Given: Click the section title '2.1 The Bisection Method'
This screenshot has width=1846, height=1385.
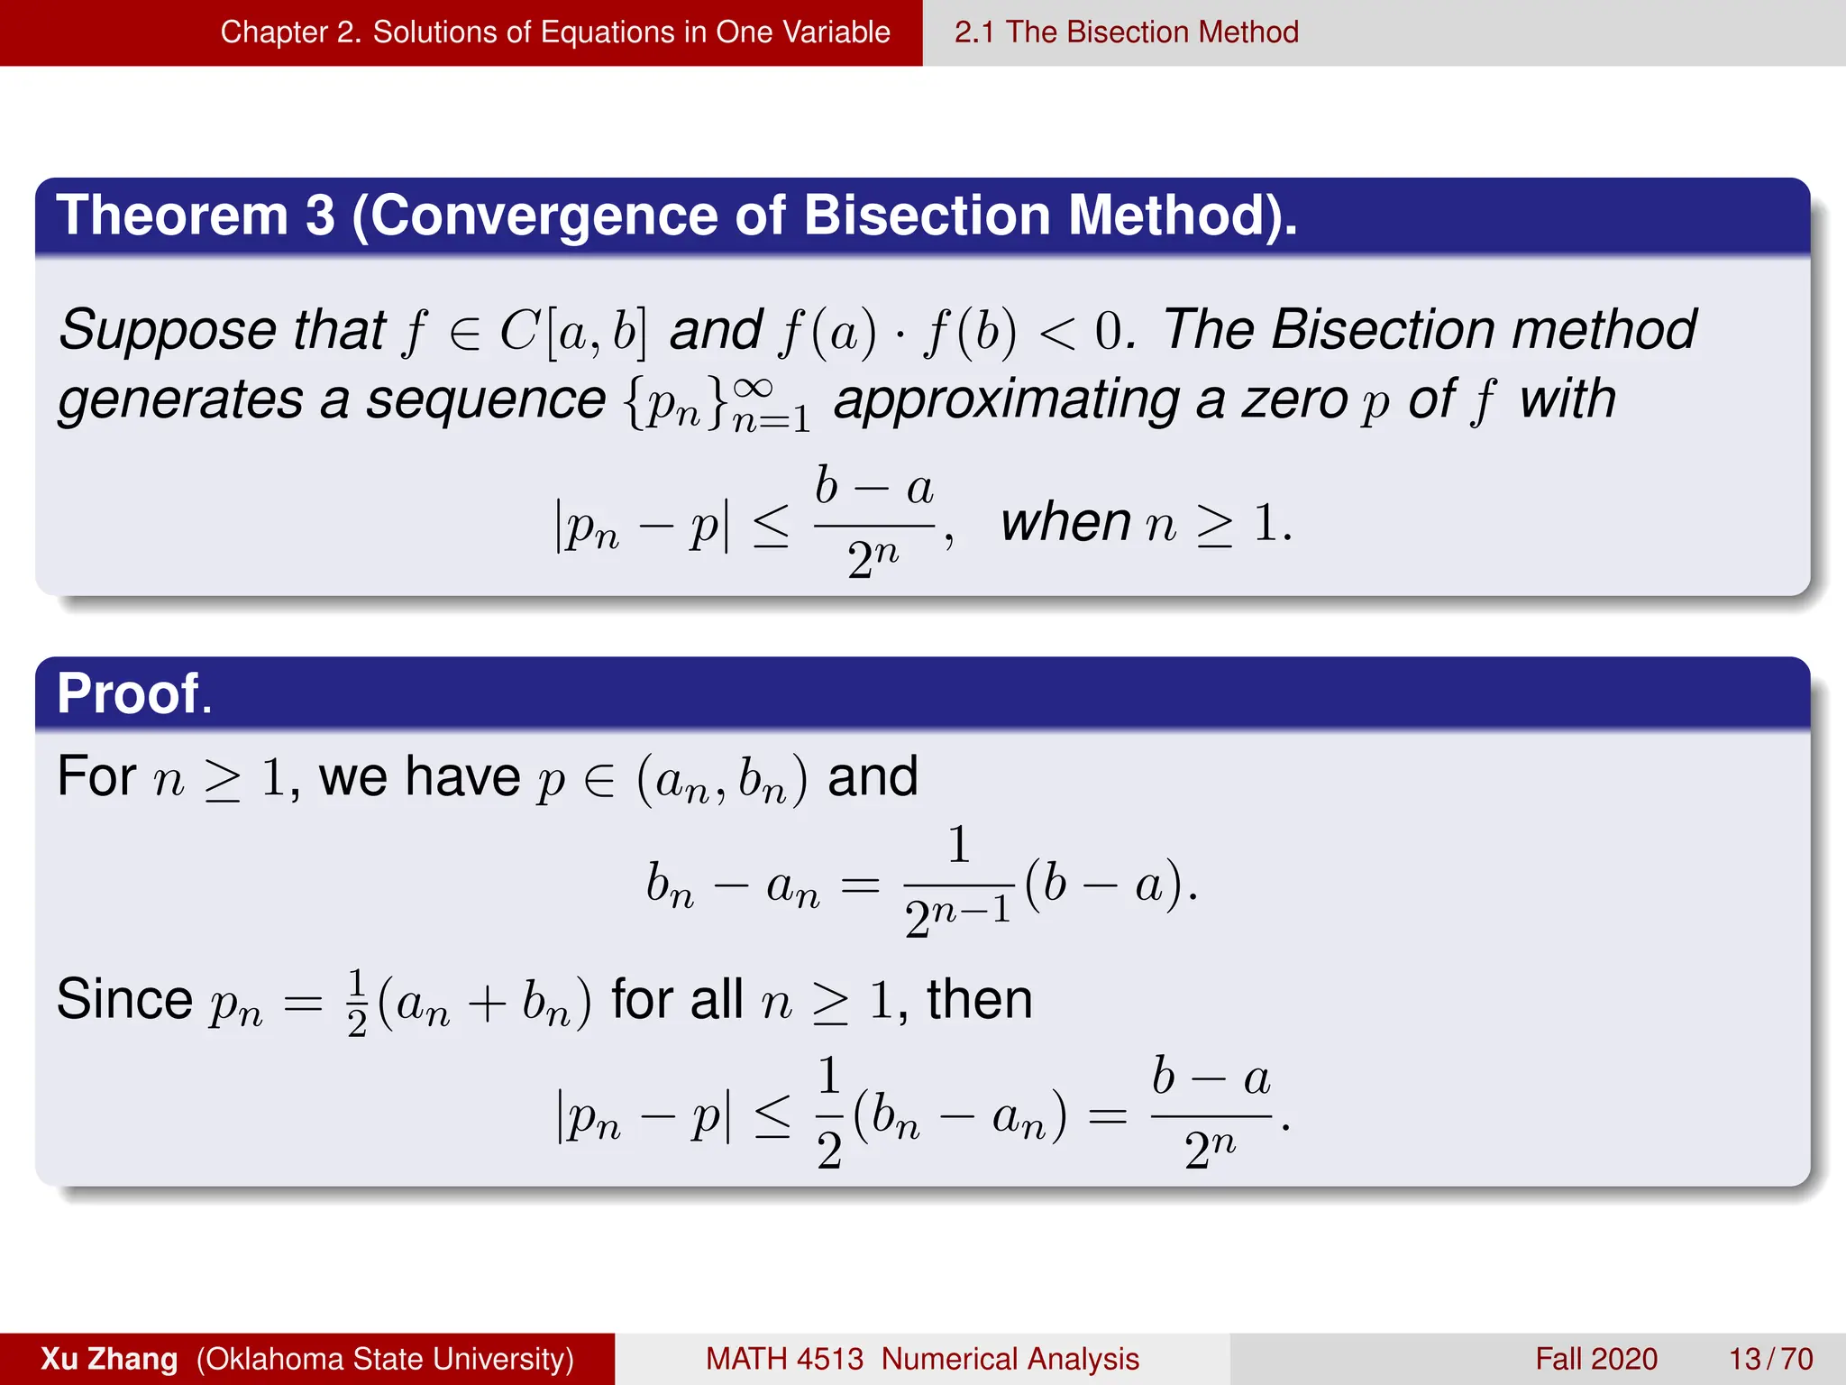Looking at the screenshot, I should coord(1126,32).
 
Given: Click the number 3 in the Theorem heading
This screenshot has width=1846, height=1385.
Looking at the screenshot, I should coord(319,216).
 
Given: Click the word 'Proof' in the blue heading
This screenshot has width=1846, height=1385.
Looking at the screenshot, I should coord(128,694).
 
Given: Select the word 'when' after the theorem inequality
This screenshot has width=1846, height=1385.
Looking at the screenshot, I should coord(1065,522).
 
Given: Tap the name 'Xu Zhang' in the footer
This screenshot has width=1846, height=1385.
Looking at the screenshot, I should coord(109,1359).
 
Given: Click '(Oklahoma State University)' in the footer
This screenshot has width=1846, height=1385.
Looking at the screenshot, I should coord(385,1359).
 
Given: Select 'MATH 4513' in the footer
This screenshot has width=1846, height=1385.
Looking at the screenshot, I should coord(784,1359).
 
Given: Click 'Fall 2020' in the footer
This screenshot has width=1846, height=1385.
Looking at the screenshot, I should coord(1596,1359).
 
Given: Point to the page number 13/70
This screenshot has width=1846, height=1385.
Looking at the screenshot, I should coord(1770,1359).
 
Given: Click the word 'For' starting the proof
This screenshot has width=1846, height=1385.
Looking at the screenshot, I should coord(96,776).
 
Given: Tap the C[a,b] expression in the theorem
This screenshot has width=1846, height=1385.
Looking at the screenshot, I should coord(573,331).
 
